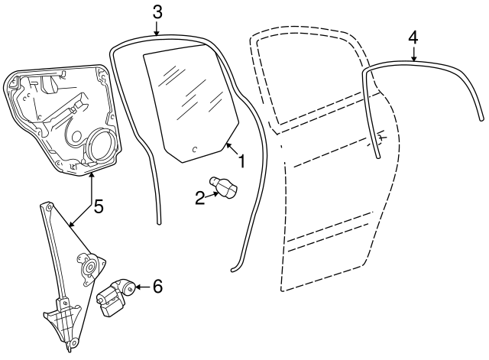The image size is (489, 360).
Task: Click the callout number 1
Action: click(241, 161)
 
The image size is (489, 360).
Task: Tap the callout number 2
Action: click(200, 198)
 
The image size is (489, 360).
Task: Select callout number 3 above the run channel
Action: click(157, 11)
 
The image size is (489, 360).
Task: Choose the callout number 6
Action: click(157, 287)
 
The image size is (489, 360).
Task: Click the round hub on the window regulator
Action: click(89, 268)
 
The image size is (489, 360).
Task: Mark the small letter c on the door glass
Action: click(194, 149)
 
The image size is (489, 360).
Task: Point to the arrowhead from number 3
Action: click(157, 34)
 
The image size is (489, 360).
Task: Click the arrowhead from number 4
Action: click(413, 60)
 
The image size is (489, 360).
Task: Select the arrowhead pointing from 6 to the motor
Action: click(138, 287)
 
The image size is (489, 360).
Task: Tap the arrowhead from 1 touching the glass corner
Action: click(228, 145)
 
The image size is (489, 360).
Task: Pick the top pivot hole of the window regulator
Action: click(46, 206)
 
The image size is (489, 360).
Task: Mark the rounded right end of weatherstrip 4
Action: click(481, 118)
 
